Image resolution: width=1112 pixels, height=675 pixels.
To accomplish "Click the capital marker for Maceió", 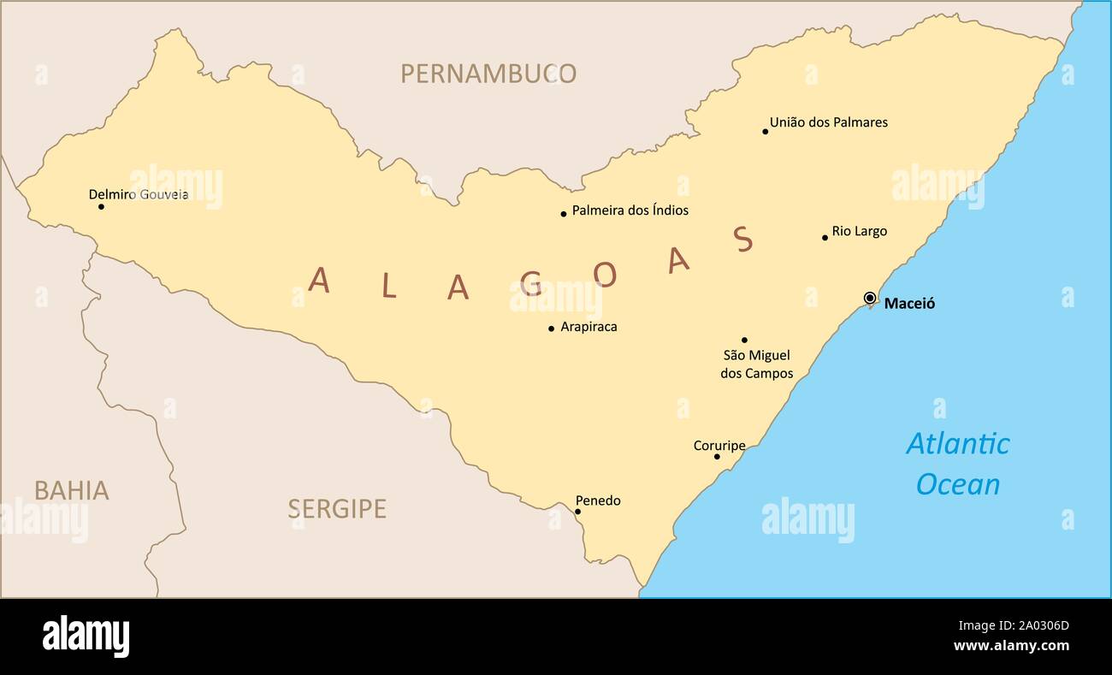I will click(x=870, y=298).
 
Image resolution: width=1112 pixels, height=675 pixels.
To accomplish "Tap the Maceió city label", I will click(x=909, y=304).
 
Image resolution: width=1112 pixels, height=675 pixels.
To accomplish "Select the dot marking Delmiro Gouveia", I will click(x=101, y=206).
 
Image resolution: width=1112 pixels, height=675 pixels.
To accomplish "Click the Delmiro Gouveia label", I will click(x=139, y=195).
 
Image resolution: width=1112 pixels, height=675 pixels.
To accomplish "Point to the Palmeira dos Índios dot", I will click(x=564, y=214).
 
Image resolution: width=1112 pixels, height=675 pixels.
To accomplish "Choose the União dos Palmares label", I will click(x=828, y=122).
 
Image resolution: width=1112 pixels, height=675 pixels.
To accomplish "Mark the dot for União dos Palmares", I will click(x=765, y=132).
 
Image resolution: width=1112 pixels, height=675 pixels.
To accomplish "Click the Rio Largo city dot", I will click(x=825, y=238).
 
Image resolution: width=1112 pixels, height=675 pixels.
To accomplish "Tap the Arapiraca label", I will click(x=589, y=327).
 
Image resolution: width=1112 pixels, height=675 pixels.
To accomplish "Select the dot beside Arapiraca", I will click(x=551, y=329).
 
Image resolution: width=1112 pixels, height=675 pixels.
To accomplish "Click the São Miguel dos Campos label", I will click(x=756, y=364).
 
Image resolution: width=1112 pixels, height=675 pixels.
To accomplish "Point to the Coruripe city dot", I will click(x=717, y=457).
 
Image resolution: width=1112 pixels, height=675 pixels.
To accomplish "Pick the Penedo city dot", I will click(x=577, y=512).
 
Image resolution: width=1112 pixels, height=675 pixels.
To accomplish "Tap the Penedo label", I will click(x=598, y=500).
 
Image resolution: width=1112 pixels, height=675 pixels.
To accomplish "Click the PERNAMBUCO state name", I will click(x=488, y=74).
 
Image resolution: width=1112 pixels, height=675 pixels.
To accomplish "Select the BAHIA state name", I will click(x=71, y=491).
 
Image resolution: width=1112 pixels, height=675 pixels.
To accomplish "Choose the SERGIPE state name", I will click(x=336, y=509).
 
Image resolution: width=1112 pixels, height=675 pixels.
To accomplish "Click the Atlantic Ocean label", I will click(x=957, y=464).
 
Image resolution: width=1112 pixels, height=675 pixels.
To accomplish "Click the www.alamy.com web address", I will click(x=1011, y=646).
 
